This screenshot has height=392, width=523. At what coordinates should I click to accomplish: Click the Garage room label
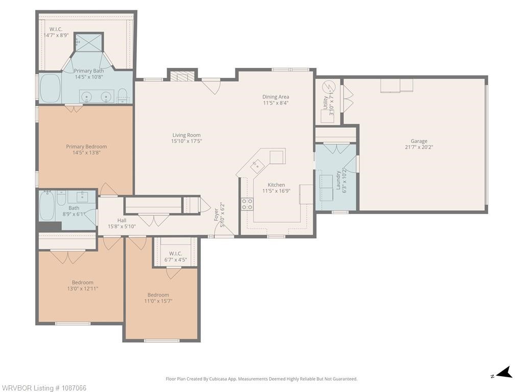419,141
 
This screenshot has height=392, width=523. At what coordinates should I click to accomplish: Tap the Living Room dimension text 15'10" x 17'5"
187,141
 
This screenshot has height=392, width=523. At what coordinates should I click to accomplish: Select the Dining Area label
276,96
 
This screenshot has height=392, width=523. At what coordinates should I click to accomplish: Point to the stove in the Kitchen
247,204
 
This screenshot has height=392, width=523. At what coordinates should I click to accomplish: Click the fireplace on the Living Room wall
182,77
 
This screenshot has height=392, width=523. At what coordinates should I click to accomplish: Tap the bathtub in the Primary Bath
50,88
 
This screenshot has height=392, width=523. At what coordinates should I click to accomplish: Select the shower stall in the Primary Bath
89,42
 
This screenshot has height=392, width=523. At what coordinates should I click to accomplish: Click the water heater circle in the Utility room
330,87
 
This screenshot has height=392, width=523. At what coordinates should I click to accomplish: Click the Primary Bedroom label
86,147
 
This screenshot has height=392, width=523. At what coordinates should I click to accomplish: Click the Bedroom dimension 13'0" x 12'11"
82,288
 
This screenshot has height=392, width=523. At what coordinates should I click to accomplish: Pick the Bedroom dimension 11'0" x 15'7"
158,301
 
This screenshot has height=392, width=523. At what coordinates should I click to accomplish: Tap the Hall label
122,220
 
